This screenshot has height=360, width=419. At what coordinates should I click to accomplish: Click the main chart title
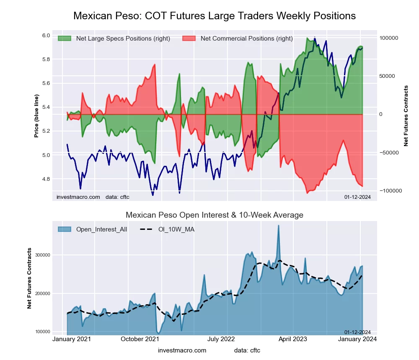pyautogui.click(x=215, y=16)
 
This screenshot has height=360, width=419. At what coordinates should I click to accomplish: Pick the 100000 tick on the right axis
pyautogui.click(x=388, y=38)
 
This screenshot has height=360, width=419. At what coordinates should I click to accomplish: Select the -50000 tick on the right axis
pyautogui.click(x=388, y=153)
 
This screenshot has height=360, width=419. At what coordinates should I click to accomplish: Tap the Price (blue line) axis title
pyautogui.click(x=37, y=116)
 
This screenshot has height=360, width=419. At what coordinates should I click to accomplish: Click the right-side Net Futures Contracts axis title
pyautogui.click(x=406, y=116)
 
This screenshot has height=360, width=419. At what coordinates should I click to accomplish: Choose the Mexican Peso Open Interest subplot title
pyautogui.click(x=215, y=215)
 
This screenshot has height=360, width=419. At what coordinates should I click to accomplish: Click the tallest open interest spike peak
pyautogui.click(x=278, y=226)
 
